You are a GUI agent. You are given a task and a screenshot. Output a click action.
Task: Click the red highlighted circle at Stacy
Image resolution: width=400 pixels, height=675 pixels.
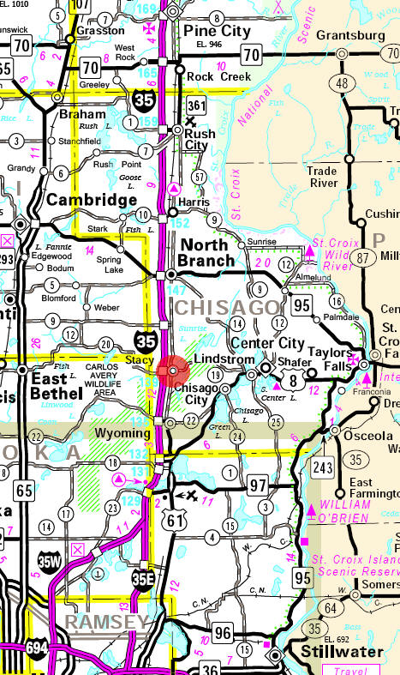point(173,371)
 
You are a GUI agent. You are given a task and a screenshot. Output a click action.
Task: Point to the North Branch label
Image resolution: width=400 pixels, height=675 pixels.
point(206,251)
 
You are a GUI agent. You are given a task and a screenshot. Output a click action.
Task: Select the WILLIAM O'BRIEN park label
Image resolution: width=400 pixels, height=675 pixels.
point(345,511)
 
